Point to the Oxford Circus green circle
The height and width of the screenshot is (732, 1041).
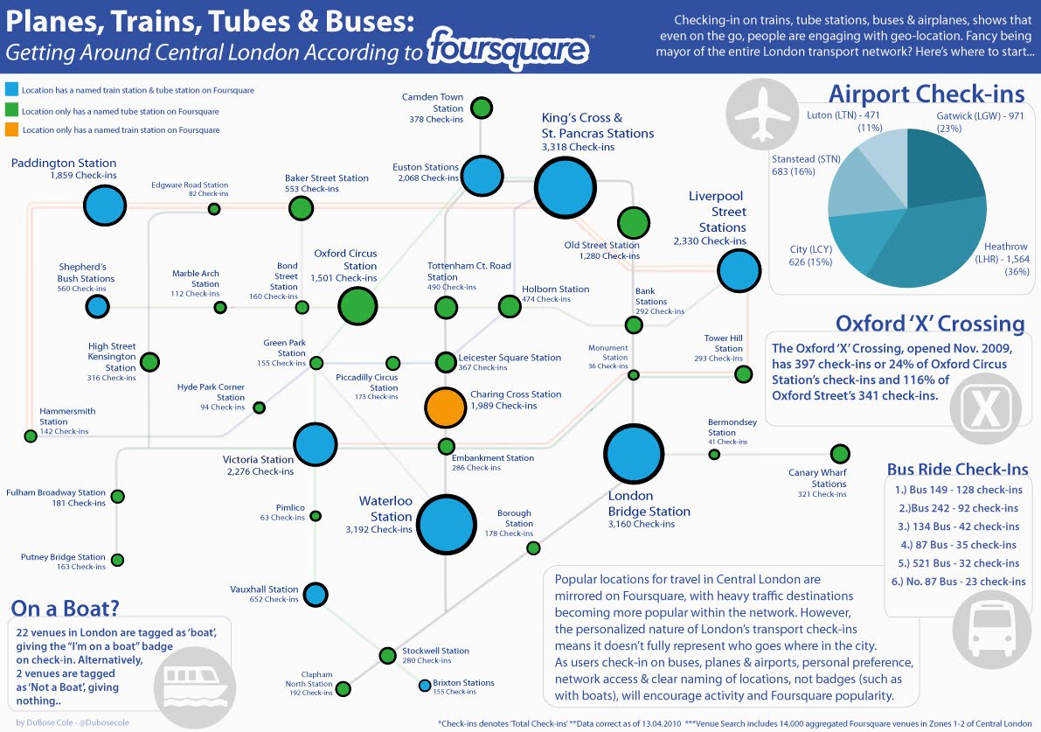(357, 306)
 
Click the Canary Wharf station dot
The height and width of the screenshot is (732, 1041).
(840, 454)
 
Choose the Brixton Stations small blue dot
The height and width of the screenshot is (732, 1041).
(425, 685)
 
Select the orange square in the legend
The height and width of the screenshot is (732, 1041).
(10, 130)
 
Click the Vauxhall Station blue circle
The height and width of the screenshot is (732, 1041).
(316, 595)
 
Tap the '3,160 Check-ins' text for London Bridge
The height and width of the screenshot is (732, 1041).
(642, 524)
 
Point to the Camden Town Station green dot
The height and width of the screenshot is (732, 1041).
(480, 108)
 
